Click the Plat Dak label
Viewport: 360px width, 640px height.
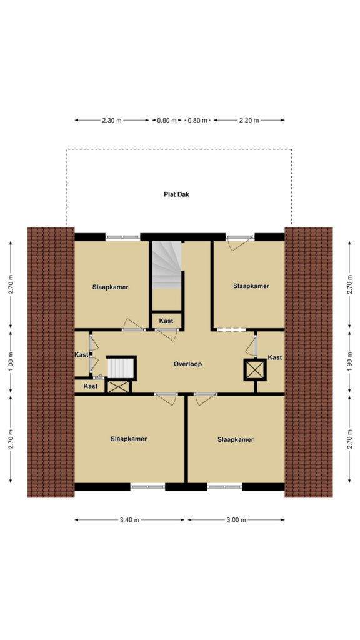pos(176,194)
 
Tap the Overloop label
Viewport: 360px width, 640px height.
pos(187,364)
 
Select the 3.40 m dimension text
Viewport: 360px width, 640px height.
pos(129,519)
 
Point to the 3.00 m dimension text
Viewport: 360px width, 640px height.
pos(236,519)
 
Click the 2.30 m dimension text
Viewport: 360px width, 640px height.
pos(111,120)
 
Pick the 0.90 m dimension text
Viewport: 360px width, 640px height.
pos(167,120)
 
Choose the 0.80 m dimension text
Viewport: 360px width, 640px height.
pos(197,120)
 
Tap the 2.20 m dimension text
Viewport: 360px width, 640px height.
pos(249,120)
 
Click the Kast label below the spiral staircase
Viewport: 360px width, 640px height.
pos(166,321)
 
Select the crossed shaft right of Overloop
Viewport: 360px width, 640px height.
pos(255,370)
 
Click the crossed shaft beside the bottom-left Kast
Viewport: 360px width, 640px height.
pos(118,386)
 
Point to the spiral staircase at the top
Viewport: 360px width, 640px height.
pos(167,265)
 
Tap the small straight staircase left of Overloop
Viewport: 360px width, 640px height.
pos(121,368)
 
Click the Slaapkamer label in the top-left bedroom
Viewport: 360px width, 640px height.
pos(110,287)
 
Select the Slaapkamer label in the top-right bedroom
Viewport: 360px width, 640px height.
pos(251,286)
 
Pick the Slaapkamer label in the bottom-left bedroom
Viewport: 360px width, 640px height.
pos(129,439)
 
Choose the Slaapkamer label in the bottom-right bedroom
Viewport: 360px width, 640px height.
pos(236,439)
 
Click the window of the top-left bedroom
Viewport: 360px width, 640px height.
pos(123,237)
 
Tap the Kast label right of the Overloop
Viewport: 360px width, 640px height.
pos(275,357)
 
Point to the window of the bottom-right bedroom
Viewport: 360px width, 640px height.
pos(224,486)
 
